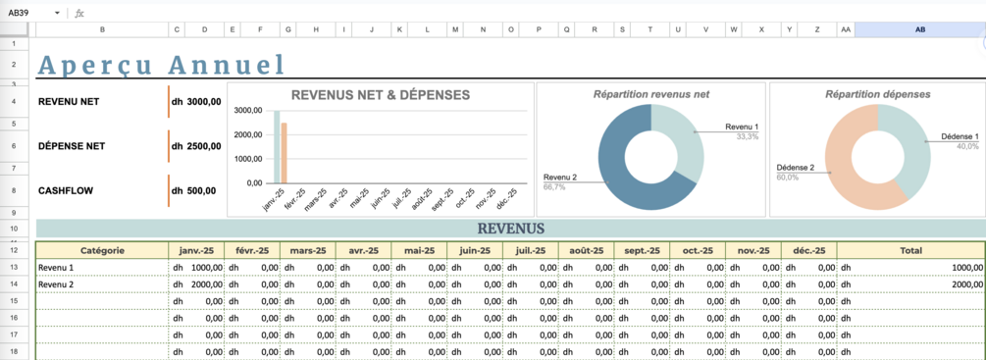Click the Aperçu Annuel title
[161, 65]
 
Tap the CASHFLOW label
[66, 190]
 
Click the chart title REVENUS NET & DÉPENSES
[381, 95]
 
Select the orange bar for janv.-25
[285, 153]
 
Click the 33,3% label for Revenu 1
[748, 136]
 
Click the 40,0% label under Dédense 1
[967, 146]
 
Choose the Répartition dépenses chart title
[878, 94]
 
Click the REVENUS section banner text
[510, 228]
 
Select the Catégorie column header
[102, 250]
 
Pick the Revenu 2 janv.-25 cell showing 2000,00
[196, 284]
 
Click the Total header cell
[911, 250]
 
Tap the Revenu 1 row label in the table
[56, 268]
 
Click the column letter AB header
[920, 29]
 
